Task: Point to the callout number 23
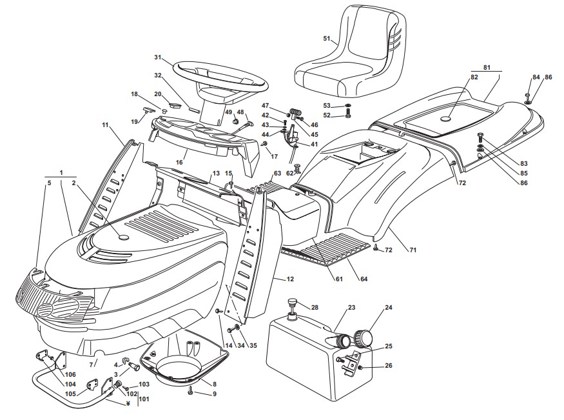(351, 308)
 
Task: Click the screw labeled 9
(191, 391)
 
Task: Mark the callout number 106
(70, 375)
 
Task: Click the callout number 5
(48, 183)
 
